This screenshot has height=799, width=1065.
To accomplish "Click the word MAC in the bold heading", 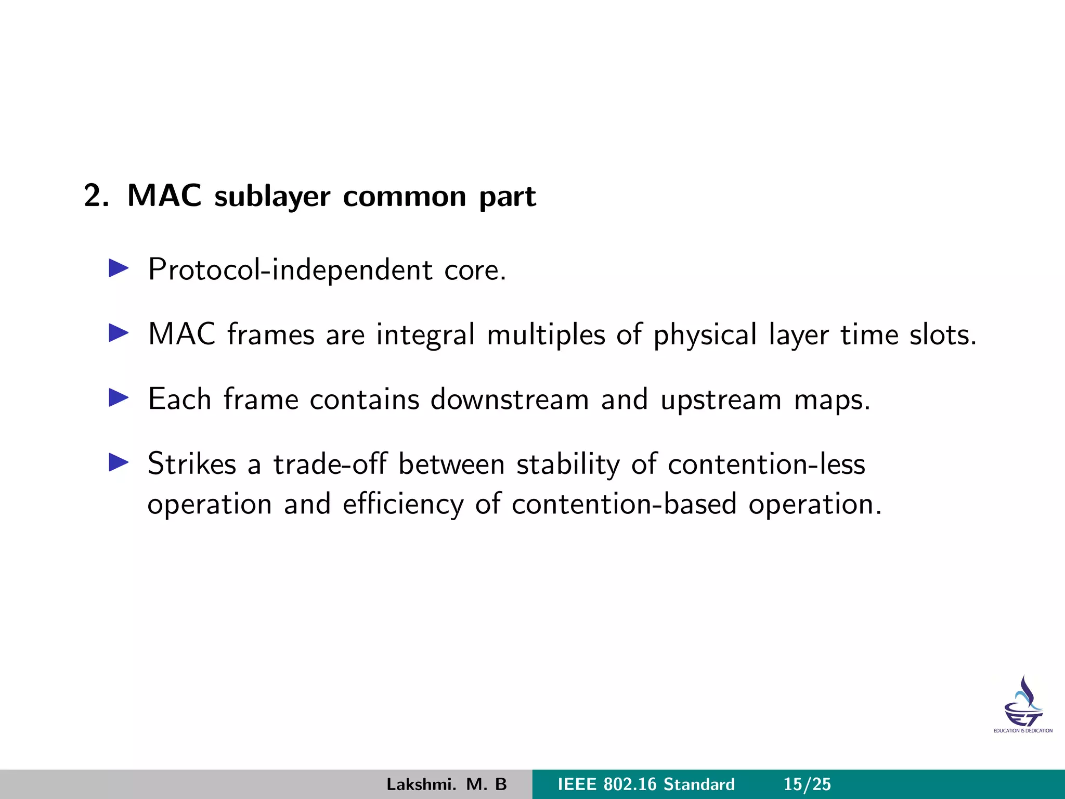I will [164, 196].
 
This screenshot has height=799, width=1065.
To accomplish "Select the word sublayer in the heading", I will [272, 197].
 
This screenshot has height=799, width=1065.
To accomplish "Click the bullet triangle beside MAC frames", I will [119, 333].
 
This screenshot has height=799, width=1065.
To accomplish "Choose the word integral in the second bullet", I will [425, 335].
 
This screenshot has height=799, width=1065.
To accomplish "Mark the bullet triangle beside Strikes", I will [119, 462].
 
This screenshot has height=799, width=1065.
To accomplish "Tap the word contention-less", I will [767, 463].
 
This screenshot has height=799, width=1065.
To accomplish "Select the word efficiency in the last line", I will [403, 505].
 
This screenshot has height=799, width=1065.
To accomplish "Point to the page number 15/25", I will [807, 784].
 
